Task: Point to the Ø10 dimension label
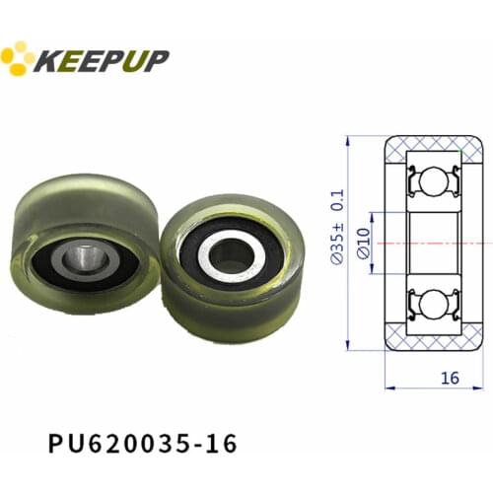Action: (364, 242)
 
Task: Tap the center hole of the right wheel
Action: (231, 255)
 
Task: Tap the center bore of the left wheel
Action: (81, 259)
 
